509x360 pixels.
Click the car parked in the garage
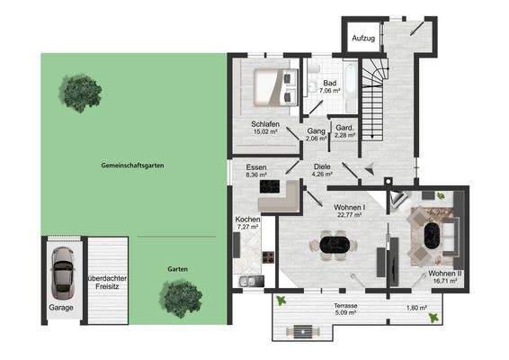62,274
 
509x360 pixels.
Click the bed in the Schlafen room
272,85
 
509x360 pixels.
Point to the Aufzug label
363,40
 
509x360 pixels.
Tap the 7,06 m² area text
329,92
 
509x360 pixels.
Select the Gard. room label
344,128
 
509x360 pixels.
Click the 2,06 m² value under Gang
316,139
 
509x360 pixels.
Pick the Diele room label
322,166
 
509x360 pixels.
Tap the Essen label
256,167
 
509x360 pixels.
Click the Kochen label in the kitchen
247,219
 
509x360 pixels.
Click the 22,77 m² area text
345,215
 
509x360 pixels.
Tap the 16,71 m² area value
443,281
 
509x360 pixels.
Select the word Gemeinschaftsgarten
132,167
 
